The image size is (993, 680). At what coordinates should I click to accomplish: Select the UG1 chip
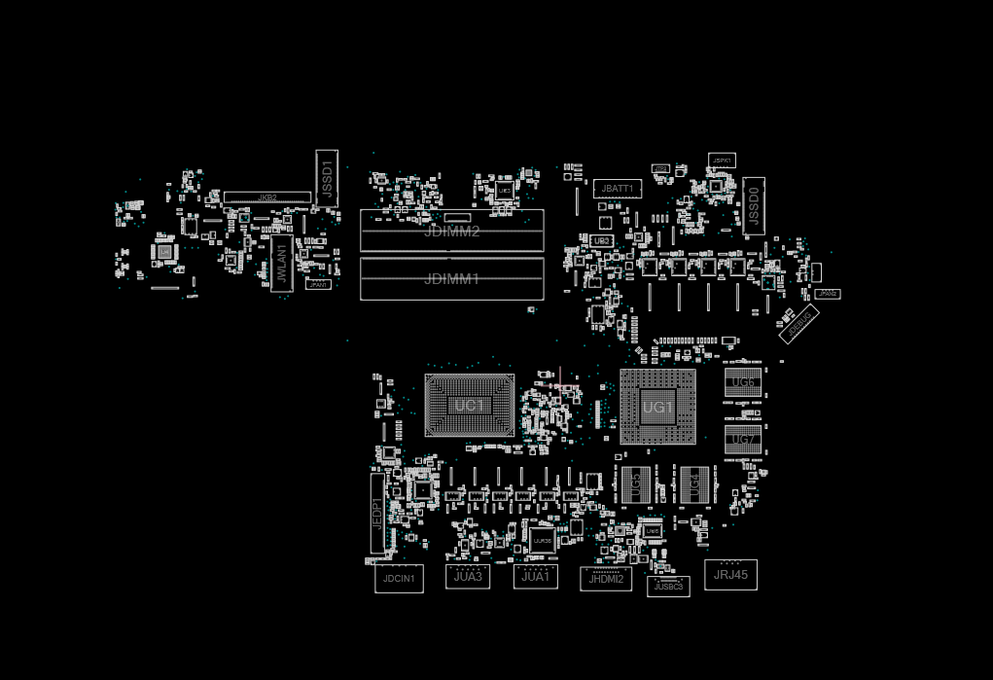pos(657,407)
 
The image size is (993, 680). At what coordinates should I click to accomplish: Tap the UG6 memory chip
pos(743,382)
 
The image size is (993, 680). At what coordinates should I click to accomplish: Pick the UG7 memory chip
pos(743,440)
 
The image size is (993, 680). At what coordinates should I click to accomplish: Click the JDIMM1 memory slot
pos(451,279)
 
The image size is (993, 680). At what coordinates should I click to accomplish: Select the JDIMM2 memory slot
pos(451,232)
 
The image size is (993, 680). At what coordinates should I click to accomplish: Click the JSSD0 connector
pos(754,206)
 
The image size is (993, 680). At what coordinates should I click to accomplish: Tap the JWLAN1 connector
pos(281,264)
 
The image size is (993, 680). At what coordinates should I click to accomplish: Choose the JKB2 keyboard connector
pos(267,197)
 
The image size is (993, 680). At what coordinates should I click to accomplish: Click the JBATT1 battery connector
pos(618,188)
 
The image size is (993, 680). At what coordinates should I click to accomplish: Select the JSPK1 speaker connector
pos(722,161)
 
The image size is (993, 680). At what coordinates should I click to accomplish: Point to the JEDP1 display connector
pos(377,513)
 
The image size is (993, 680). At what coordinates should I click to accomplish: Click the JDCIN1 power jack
pos(399,579)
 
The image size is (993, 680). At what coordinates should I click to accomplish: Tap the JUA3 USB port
pos(468,576)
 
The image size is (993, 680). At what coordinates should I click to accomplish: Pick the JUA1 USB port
pos(535,576)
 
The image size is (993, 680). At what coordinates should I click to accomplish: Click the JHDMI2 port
pos(605,579)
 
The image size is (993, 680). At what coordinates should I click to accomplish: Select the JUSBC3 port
pos(668,587)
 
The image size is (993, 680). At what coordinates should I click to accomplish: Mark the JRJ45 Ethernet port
pos(730,574)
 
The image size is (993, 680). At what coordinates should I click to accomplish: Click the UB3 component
pos(602,240)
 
